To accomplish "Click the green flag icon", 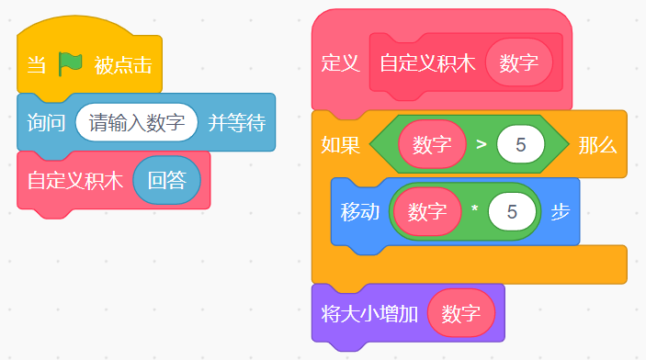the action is (x=70, y=64).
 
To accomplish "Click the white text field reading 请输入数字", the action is (x=137, y=122).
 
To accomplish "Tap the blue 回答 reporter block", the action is (x=167, y=180).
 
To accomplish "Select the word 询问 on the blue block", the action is (x=46, y=123).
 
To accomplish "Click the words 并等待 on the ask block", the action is (x=236, y=123).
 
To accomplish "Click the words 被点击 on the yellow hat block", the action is (x=123, y=65).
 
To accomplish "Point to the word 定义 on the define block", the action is (x=340, y=63).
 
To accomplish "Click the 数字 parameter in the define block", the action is (x=518, y=62).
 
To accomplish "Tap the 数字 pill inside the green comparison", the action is (x=432, y=144).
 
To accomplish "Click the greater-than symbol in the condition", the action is (x=482, y=144).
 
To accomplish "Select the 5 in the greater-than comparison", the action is (x=521, y=144).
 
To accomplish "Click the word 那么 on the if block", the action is (x=597, y=145).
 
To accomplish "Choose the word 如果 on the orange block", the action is (x=340, y=145).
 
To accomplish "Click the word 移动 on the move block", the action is (x=359, y=212).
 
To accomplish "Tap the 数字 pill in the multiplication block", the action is (x=427, y=212).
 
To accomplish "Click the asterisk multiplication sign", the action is (x=474, y=209).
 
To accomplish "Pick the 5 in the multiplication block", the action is (x=512, y=212).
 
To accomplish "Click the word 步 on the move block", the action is (x=561, y=212).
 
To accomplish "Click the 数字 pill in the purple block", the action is (x=461, y=313).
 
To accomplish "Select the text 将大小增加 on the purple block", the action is (x=369, y=313).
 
